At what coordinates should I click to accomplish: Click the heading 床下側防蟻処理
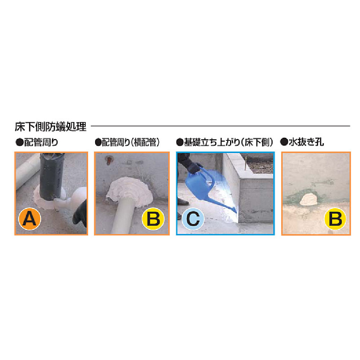(x=50, y=127)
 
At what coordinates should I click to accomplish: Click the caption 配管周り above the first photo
(x=40, y=143)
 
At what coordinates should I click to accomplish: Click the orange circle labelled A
(x=30, y=218)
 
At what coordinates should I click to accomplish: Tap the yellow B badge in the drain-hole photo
(x=336, y=218)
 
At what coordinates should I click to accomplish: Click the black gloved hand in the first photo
(x=80, y=216)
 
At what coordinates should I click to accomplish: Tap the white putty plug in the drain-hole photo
(x=308, y=199)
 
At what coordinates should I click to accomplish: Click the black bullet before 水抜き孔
(x=284, y=143)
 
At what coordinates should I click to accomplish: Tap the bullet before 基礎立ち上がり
(x=180, y=143)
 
